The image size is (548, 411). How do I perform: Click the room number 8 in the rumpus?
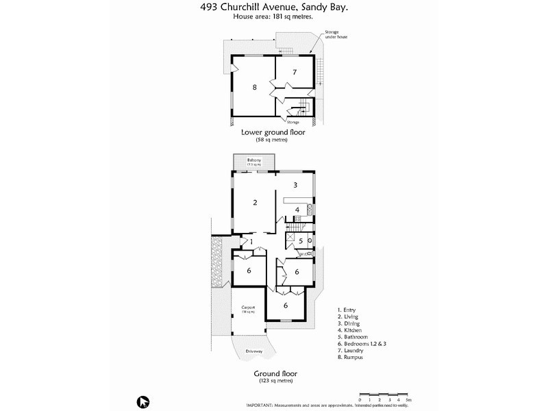(254, 87)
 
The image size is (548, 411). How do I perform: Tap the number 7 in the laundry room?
(294, 71)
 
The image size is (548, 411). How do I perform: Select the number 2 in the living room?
(254, 202)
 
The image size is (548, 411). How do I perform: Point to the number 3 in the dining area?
(295, 185)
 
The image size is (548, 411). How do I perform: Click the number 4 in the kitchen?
(297, 210)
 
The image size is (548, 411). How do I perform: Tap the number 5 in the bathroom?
(300, 241)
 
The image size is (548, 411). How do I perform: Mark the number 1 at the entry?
(251, 242)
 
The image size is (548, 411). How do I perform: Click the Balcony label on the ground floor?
(253, 160)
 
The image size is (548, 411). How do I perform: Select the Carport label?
(248, 308)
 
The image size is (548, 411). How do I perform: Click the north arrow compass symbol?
(143, 401)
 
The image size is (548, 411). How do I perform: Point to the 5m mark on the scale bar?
(408, 399)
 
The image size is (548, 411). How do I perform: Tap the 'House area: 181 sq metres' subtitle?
(273, 16)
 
